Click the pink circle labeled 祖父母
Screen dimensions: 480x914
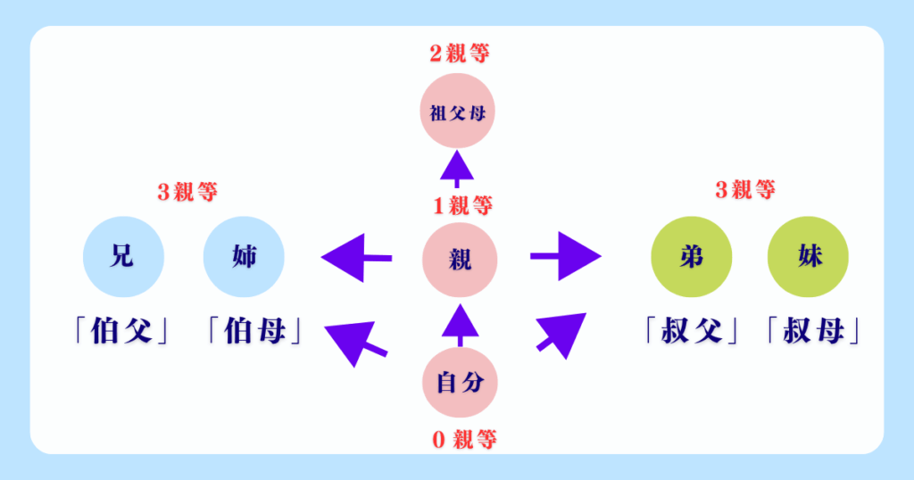458,113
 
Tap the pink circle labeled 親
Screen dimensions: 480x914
459,260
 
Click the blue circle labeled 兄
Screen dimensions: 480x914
122,259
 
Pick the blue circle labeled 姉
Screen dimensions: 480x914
244,259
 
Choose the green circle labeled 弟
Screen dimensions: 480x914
692,259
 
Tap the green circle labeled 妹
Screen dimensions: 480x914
809,259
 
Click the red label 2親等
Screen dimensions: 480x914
459,53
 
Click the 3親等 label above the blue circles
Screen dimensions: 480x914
187,192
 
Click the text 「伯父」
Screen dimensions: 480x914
122,331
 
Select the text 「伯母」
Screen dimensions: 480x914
251,331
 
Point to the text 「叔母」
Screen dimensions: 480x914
812,331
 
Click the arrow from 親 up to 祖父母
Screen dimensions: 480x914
459,169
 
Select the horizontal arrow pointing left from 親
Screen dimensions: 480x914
356,259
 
